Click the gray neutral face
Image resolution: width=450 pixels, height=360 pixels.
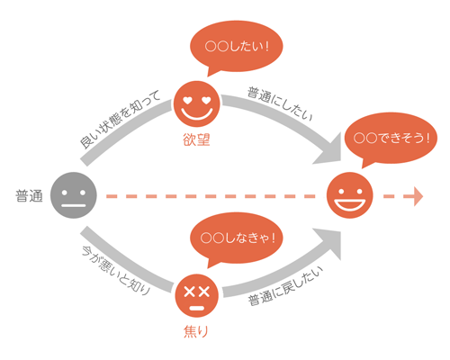(x=74, y=195)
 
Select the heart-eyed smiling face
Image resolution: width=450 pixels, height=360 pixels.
(x=197, y=103)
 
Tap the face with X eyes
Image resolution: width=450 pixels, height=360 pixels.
(x=197, y=295)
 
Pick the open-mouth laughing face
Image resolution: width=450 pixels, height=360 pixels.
(x=350, y=195)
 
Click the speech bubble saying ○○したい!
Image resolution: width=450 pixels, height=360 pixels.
(x=236, y=48)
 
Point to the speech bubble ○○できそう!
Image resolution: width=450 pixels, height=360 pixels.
(x=391, y=139)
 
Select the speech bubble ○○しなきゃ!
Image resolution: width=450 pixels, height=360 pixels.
(x=236, y=240)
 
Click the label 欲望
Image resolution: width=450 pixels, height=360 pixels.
(x=196, y=139)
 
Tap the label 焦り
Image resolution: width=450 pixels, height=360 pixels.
(x=196, y=332)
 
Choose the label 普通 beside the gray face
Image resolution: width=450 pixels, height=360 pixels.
(x=29, y=196)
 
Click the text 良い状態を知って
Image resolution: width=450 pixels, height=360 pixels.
(x=120, y=119)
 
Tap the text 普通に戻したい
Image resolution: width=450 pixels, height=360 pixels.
(x=285, y=286)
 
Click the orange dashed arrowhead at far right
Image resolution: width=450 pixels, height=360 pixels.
(x=418, y=196)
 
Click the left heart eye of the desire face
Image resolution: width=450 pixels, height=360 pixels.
(x=187, y=101)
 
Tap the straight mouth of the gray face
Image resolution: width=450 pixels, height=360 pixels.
(x=74, y=206)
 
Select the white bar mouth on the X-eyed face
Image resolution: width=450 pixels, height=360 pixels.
(x=197, y=308)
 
